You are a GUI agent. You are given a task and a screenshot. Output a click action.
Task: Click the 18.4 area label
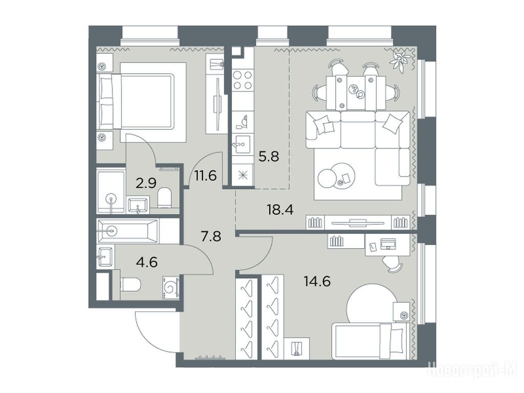point(280,210)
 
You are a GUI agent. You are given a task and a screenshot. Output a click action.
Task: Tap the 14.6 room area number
point(317,281)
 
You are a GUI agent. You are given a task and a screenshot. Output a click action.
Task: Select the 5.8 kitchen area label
point(269,156)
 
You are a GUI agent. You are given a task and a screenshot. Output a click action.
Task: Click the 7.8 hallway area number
point(211,236)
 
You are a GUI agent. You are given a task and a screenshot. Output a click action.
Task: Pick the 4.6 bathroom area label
point(147,262)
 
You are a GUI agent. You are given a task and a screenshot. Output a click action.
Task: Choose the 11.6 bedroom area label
point(206,175)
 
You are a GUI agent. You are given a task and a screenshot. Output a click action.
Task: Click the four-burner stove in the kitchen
point(243,80)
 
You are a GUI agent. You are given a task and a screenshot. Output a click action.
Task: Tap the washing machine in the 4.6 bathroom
point(171,288)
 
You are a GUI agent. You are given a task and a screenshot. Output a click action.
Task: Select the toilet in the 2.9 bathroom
point(164,197)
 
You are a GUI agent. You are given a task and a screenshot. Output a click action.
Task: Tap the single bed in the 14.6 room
point(370,341)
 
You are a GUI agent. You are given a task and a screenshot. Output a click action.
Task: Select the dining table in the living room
point(356,92)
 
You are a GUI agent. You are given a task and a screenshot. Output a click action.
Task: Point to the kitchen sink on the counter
point(243,144)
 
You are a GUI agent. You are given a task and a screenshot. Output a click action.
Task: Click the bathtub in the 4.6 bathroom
point(127,231)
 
